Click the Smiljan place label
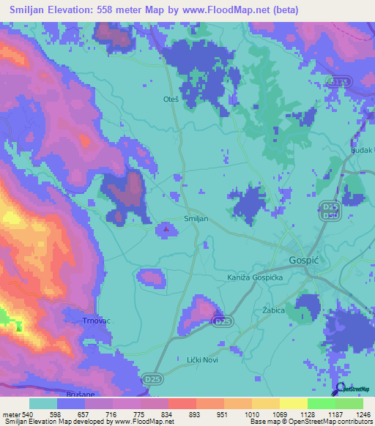coord(196,219)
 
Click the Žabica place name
coord(273,310)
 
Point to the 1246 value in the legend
coord(363,414)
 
